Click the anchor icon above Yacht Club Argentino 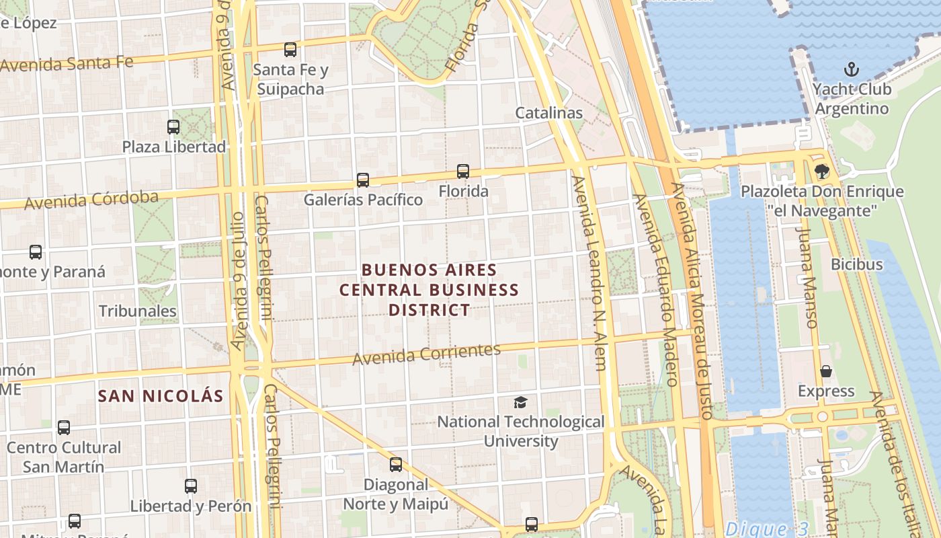pyautogui.click(x=852, y=69)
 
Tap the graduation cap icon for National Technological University pyautogui.click(x=520, y=402)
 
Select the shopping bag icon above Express pyautogui.click(x=826, y=371)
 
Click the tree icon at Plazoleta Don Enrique pyautogui.click(x=821, y=171)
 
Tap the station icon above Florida pyautogui.click(x=463, y=171)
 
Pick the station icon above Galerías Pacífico pyautogui.click(x=363, y=180)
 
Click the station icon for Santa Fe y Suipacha pyautogui.click(x=290, y=50)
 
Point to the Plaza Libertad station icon pyautogui.click(x=173, y=127)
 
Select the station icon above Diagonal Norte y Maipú pyautogui.click(x=396, y=465)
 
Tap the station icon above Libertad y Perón pyautogui.click(x=191, y=486)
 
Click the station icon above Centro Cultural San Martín pyautogui.click(x=64, y=428)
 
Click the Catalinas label pyautogui.click(x=548, y=113)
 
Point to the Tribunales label pyautogui.click(x=138, y=311)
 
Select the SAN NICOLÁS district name pyautogui.click(x=160, y=396)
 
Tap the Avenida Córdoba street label pyautogui.click(x=91, y=200)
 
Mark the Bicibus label pyautogui.click(x=856, y=264)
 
